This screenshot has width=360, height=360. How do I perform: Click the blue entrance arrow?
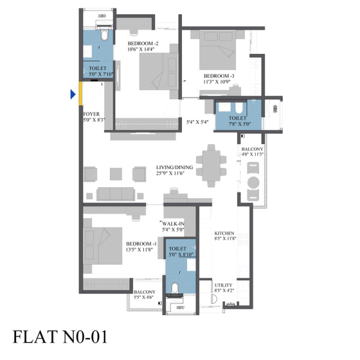(73, 94)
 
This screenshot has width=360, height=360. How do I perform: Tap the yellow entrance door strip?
(80, 94)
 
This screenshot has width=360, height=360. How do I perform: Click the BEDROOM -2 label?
(143, 43)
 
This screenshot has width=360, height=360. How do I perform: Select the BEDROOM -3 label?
(219, 76)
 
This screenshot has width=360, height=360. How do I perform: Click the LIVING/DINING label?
(175, 167)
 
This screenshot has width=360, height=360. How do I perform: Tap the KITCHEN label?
(224, 233)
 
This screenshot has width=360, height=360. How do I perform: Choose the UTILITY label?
(223, 285)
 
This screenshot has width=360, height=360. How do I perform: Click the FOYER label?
(91, 114)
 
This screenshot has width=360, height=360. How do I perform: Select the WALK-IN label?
(173, 224)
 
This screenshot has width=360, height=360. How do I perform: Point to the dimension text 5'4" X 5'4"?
(197, 122)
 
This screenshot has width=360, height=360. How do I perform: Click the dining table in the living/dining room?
(211, 166)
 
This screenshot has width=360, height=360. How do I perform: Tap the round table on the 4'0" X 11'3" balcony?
(253, 182)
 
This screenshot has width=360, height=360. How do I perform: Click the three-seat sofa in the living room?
(115, 194)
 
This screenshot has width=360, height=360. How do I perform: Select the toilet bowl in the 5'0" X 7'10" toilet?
(104, 35)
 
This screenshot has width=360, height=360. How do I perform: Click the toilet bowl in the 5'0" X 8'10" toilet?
(175, 288)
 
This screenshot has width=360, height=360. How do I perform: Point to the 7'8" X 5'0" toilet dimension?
(239, 124)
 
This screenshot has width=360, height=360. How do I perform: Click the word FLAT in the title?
(35, 337)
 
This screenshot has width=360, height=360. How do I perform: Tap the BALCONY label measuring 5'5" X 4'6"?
(145, 292)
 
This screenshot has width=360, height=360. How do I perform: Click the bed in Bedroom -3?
(217, 50)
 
